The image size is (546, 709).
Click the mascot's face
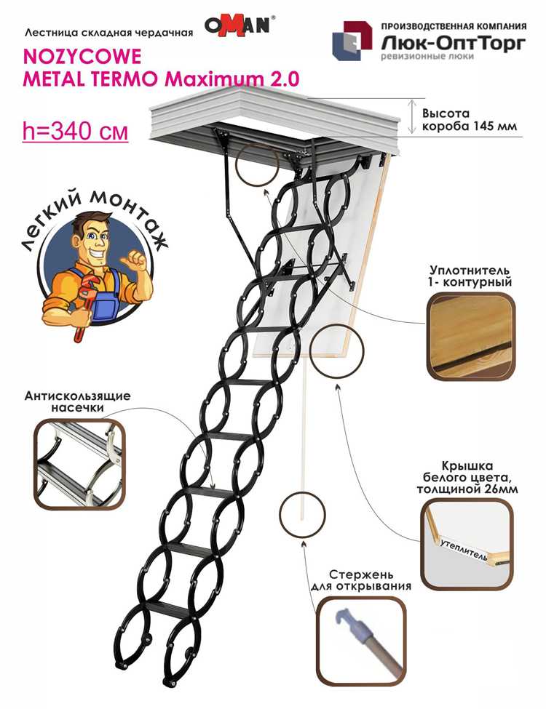coord(94,239)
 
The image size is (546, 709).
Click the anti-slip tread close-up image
coord(79,462)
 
